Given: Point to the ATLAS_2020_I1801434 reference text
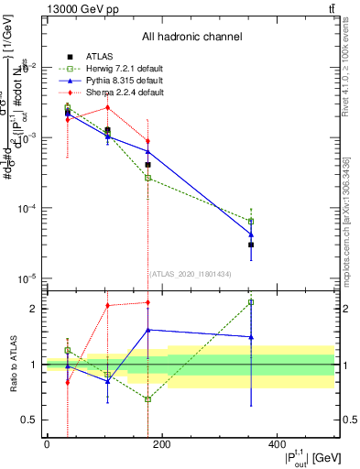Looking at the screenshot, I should [191, 274].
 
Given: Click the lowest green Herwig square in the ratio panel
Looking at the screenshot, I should [147, 399].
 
